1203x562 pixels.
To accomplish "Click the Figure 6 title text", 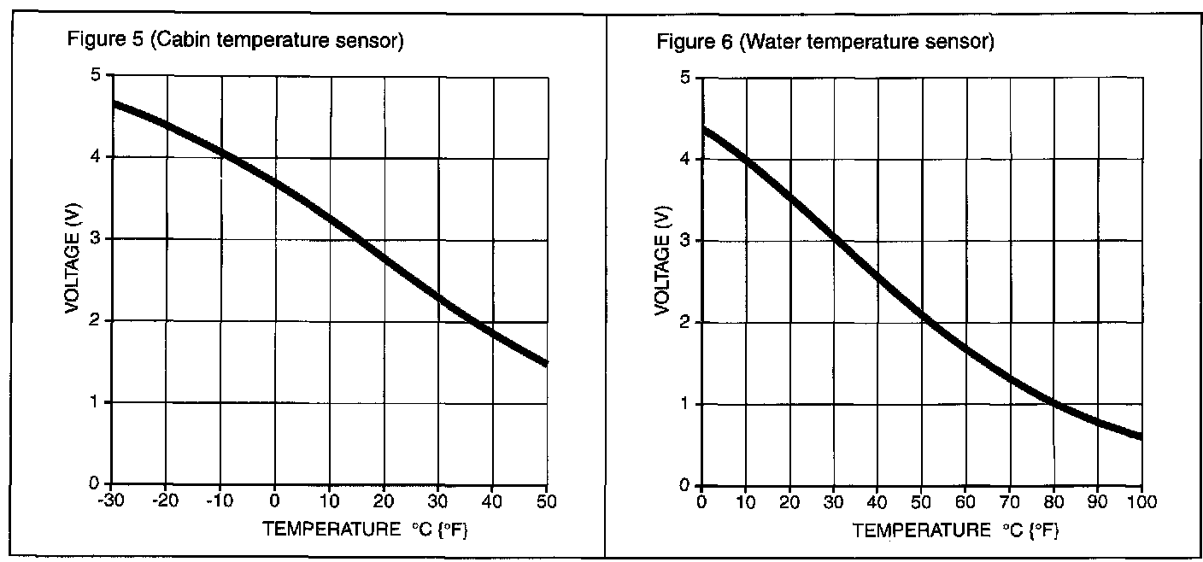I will (x=825, y=42).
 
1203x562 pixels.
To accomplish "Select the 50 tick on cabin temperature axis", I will (x=547, y=499).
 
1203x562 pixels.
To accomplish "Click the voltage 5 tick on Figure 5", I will (x=96, y=75).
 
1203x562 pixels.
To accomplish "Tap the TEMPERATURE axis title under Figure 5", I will (x=366, y=530).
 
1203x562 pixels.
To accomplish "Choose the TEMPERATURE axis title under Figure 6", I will (x=955, y=531).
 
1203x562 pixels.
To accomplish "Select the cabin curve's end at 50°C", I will (x=544, y=362).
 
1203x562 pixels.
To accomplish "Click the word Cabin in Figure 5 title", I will (x=179, y=40).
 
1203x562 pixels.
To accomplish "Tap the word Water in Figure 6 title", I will (x=772, y=42).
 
